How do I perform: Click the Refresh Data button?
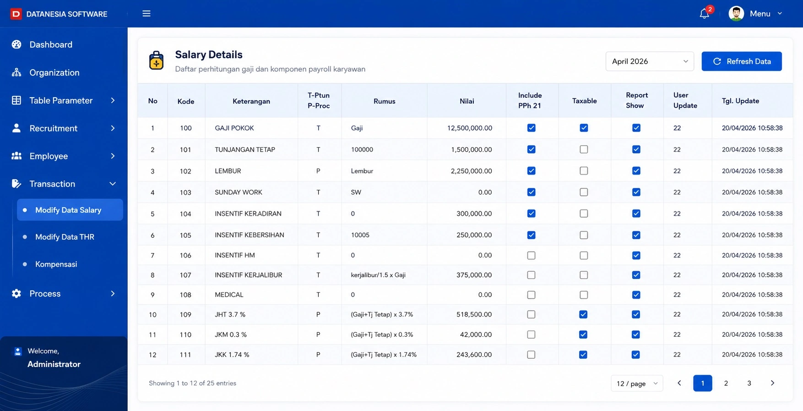tap(741, 61)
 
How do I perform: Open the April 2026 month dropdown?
tap(650, 61)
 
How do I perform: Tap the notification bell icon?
tap(704, 14)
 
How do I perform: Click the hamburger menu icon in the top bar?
tap(146, 14)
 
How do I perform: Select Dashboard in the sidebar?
tap(51, 44)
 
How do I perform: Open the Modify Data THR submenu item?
tap(65, 237)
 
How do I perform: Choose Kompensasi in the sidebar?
tap(56, 264)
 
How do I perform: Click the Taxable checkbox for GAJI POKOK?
tap(584, 128)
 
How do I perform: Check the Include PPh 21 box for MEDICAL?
tap(531, 295)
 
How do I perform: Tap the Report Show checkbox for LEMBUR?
tap(636, 171)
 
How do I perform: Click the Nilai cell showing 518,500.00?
tap(474, 314)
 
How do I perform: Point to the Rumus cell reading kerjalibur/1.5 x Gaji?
tap(378, 275)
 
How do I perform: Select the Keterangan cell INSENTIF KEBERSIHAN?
tap(250, 235)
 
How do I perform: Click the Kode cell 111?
tap(185, 355)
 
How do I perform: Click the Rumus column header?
tap(384, 101)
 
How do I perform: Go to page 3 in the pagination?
tap(749, 383)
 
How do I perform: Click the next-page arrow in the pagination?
tap(772, 383)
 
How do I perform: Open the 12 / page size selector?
tap(637, 384)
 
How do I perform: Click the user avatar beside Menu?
tap(736, 14)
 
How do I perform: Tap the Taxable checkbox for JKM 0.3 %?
tap(583, 334)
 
